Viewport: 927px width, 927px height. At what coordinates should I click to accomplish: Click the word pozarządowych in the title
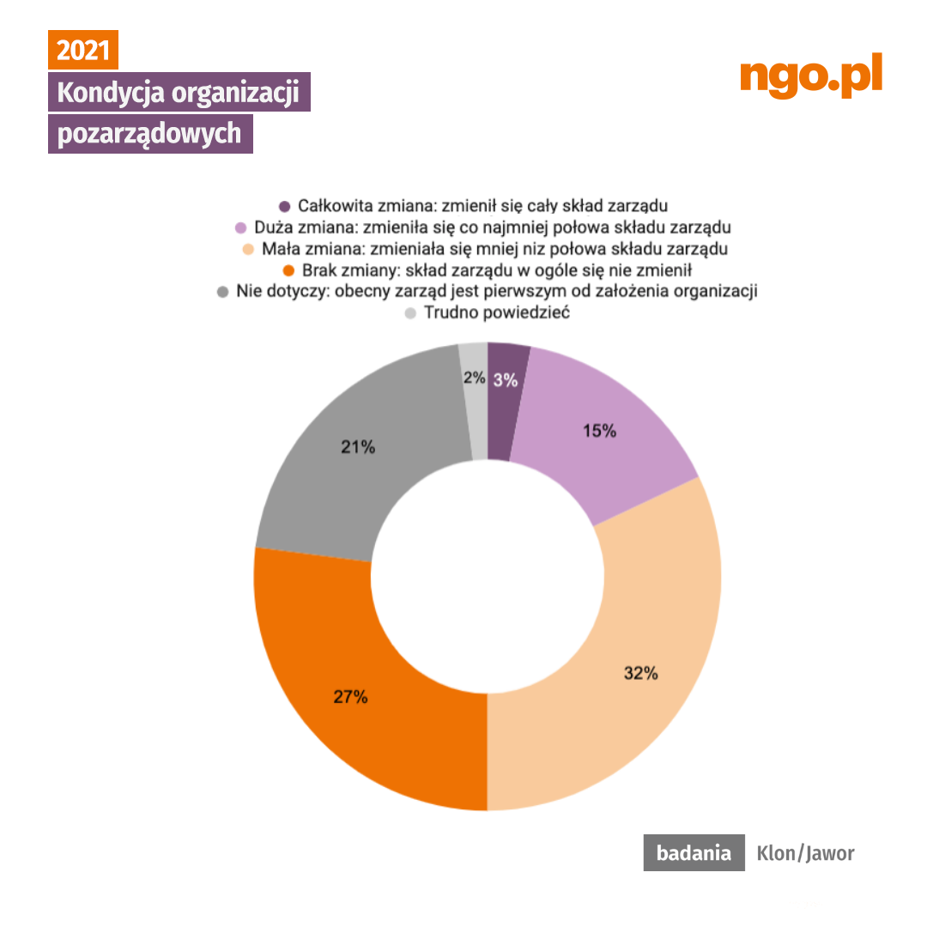pyautogui.click(x=149, y=135)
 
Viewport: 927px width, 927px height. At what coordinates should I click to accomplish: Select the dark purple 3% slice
pyautogui.click(x=506, y=403)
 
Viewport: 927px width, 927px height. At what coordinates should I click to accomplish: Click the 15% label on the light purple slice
pyautogui.click(x=599, y=431)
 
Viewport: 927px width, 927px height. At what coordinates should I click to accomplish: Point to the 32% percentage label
pyautogui.click(x=640, y=674)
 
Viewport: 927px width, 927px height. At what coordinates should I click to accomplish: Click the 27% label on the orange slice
pyautogui.click(x=350, y=697)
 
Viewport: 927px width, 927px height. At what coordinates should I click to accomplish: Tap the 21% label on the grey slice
pyautogui.click(x=357, y=446)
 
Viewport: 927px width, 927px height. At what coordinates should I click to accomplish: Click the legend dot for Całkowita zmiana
pyautogui.click(x=285, y=206)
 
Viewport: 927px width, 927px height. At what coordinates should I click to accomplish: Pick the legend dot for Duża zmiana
pyautogui.click(x=240, y=227)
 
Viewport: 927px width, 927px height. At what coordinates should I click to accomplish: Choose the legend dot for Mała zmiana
pyautogui.click(x=248, y=250)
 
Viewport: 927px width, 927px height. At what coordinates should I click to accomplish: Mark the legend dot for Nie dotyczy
pyautogui.click(x=222, y=292)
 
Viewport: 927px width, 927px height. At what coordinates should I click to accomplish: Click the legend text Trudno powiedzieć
pyautogui.click(x=497, y=313)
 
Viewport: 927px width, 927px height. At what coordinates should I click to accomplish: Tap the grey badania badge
pyautogui.click(x=694, y=853)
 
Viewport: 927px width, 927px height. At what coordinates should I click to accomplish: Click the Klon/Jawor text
pyautogui.click(x=805, y=853)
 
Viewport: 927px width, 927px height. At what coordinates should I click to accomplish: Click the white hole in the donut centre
pyautogui.click(x=487, y=577)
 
